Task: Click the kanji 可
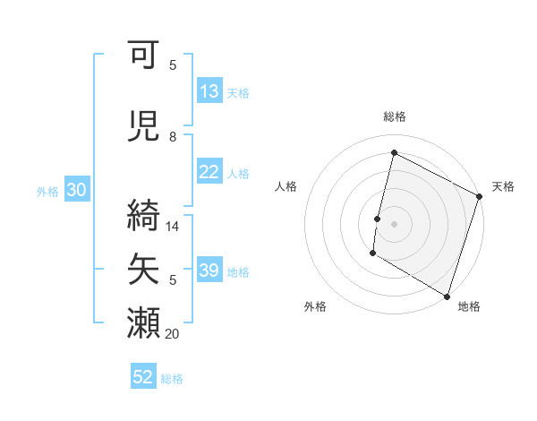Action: tap(144, 57)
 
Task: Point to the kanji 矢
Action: tap(144, 269)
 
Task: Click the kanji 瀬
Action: tap(144, 322)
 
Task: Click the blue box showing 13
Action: tap(209, 91)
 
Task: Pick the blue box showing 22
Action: tap(209, 173)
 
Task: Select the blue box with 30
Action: tap(76, 190)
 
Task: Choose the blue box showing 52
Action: tap(143, 378)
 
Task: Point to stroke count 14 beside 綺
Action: tap(173, 227)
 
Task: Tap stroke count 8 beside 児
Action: tap(173, 137)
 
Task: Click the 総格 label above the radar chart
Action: tap(395, 116)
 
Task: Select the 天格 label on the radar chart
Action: tap(503, 186)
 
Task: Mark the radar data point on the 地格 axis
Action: tap(447, 296)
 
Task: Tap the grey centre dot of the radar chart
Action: tap(394, 224)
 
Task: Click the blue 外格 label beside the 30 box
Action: tap(47, 191)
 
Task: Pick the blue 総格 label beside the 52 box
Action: tap(172, 379)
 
